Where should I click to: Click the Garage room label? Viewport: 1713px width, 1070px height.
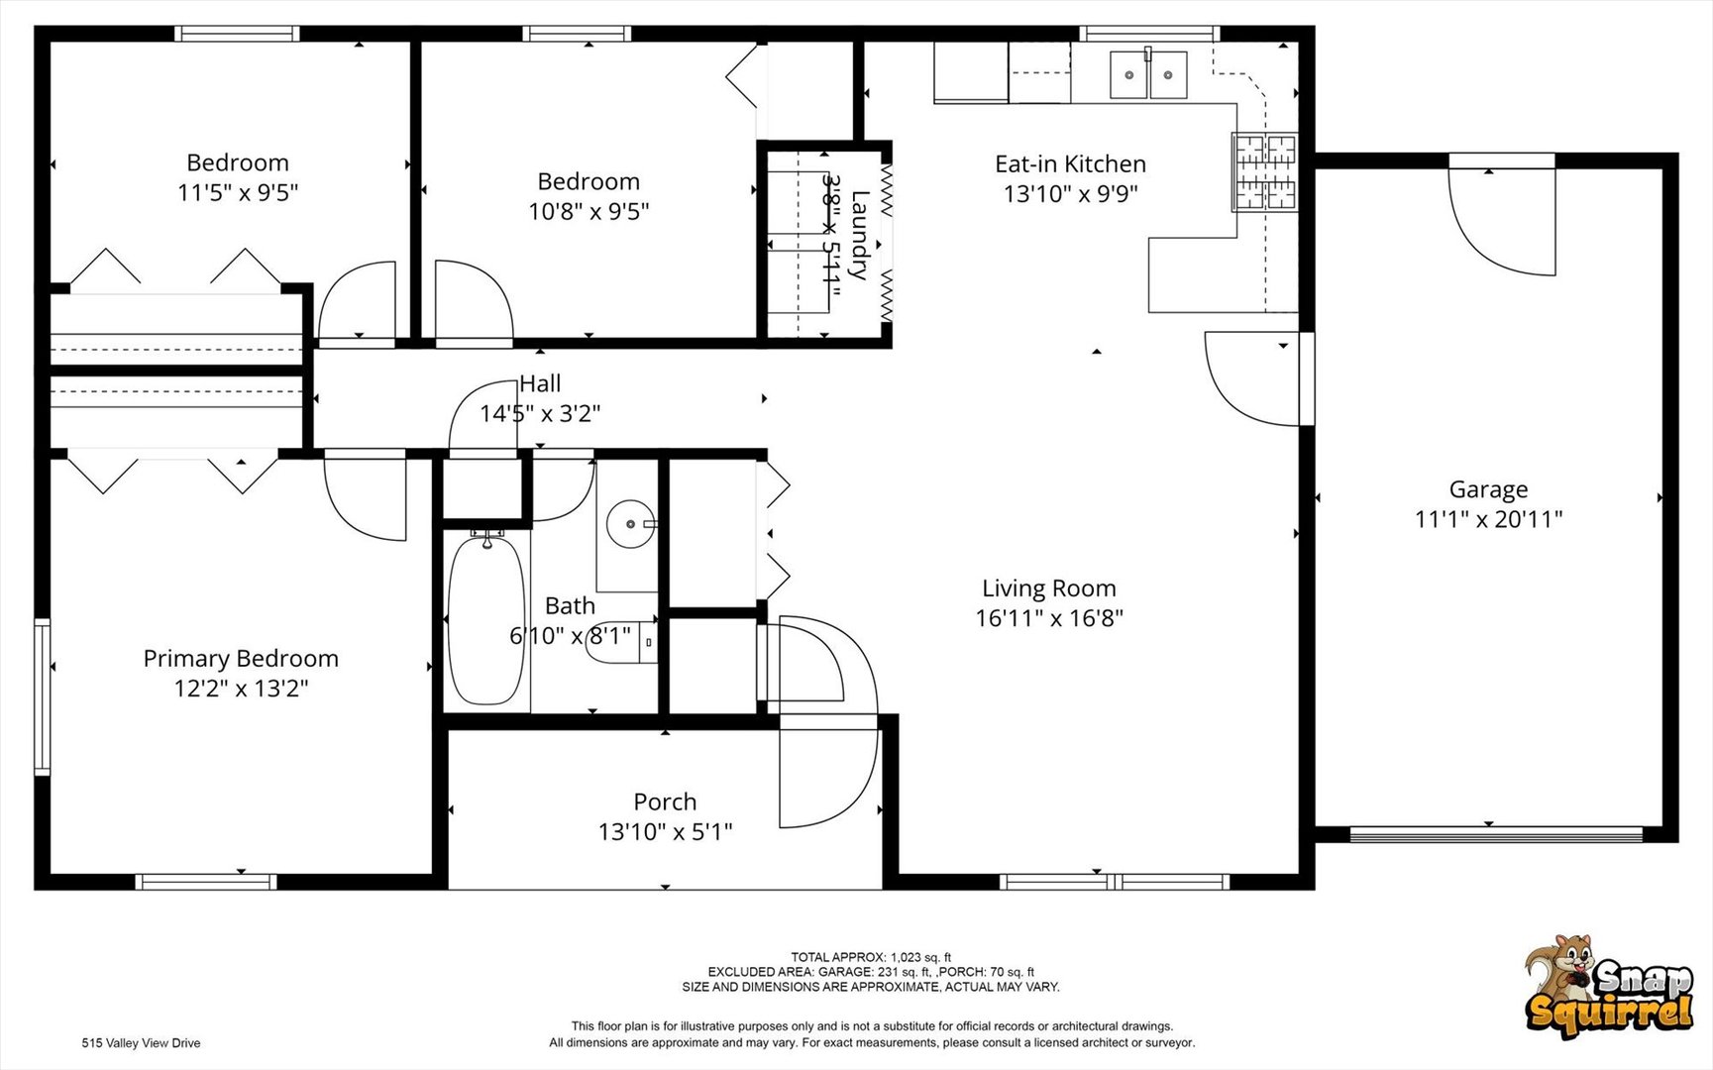click(1488, 489)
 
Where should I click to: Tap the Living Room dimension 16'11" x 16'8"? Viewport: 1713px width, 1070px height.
click(1049, 618)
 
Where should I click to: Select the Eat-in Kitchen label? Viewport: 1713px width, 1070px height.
click(1070, 163)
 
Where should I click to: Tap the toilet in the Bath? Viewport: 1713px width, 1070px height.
click(622, 643)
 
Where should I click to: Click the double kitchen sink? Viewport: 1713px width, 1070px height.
click(1148, 74)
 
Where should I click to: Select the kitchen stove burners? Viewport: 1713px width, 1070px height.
click(1265, 171)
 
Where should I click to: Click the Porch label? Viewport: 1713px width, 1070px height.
click(665, 802)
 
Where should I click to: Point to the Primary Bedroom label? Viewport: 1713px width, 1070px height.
click(241, 659)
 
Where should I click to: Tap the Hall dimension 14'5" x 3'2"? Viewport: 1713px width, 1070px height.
click(540, 413)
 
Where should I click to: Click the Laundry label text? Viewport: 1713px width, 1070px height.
click(859, 235)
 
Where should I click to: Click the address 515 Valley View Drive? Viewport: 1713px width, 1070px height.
click(141, 1043)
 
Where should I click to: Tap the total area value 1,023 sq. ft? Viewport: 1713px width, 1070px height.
click(920, 957)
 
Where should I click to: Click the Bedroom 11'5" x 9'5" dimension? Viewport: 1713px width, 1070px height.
click(238, 192)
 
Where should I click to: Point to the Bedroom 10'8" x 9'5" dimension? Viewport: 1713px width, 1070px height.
click(589, 211)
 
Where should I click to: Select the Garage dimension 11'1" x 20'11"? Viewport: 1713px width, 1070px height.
click(1488, 518)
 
